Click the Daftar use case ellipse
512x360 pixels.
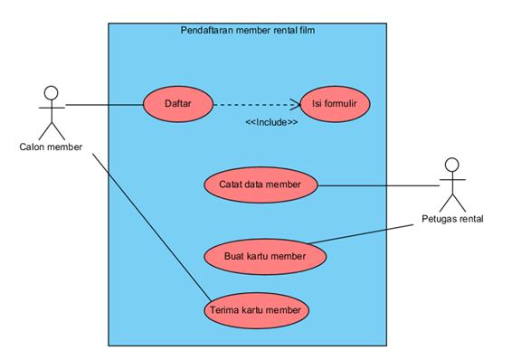click(x=176, y=104)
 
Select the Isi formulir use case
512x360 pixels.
click(x=328, y=104)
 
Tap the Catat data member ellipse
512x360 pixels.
click(x=261, y=184)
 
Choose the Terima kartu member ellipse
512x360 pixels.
click(x=256, y=310)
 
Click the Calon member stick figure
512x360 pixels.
click(x=51, y=112)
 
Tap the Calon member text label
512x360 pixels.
click(x=51, y=147)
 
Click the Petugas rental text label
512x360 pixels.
click(x=452, y=219)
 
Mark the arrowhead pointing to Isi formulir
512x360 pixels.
click(x=295, y=104)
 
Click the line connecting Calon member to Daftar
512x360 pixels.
click(x=104, y=105)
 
